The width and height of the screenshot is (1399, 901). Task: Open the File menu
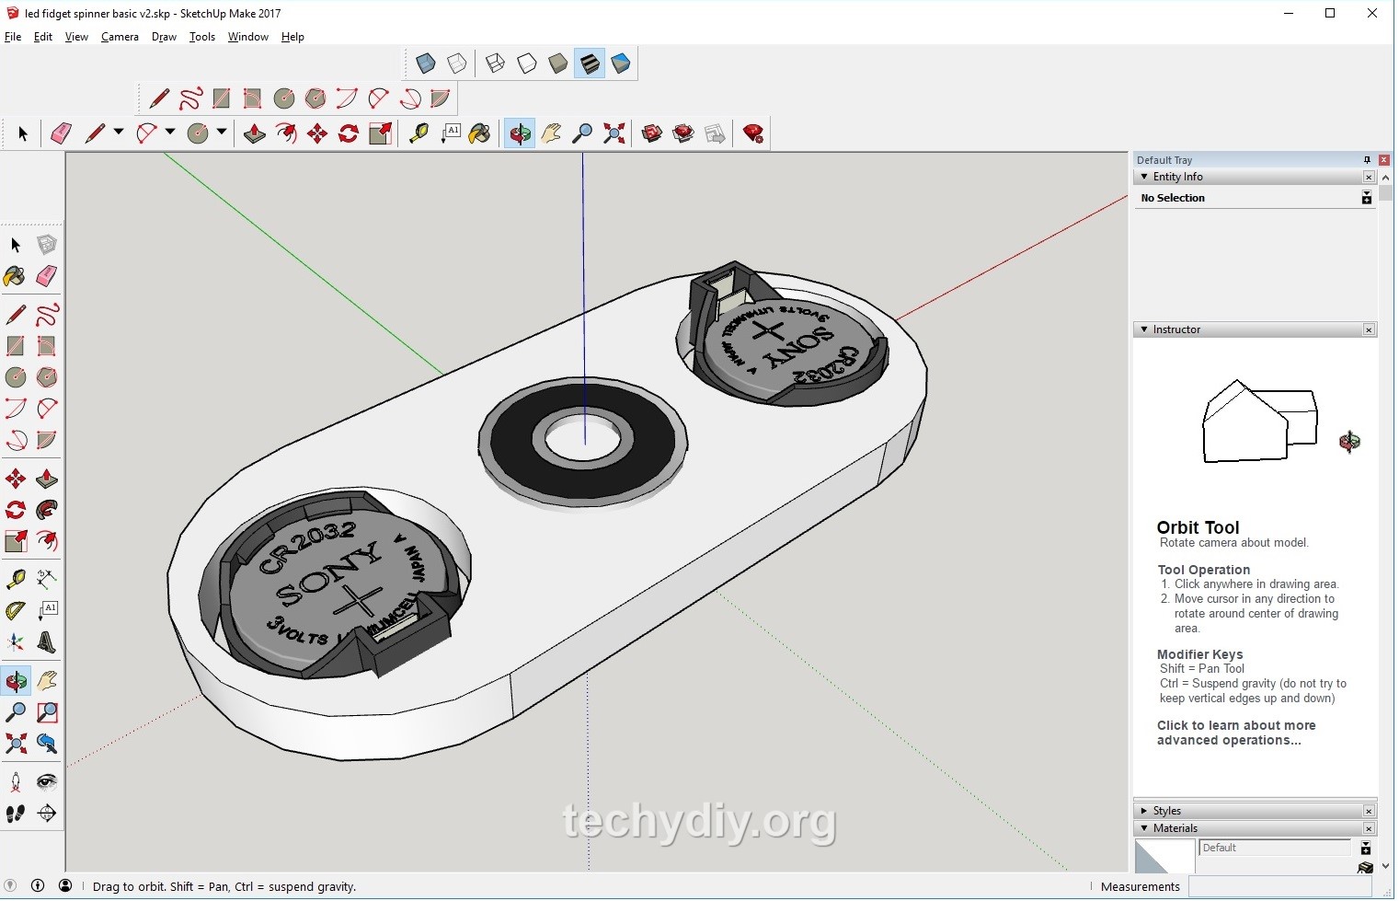[x=13, y=37]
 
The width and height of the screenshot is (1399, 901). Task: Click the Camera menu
[x=120, y=37]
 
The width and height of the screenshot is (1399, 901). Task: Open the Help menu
[x=292, y=37]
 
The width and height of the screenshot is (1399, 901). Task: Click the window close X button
[x=1371, y=13]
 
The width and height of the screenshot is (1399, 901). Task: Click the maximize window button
[x=1330, y=13]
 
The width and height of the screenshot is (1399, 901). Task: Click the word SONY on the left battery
[x=328, y=572]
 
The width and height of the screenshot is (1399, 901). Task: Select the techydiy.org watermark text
[x=699, y=820]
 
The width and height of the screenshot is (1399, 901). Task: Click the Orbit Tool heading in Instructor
[x=1198, y=527]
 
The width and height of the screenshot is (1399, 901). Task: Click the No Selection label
[x=1173, y=198]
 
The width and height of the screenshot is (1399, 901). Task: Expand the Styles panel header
[x=1166, y=811]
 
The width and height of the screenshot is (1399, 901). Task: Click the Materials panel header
[x=1175, y=828]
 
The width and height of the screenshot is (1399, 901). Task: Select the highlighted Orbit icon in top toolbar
[x=520, y=134]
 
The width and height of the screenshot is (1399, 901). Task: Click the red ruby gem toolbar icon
[x=753, y=134]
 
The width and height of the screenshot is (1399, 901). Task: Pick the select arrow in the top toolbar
[x=23, y=134]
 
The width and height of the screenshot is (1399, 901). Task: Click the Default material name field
[x=1274, y=848]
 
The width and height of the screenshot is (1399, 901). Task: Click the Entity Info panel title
[x=1177, y=177]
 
